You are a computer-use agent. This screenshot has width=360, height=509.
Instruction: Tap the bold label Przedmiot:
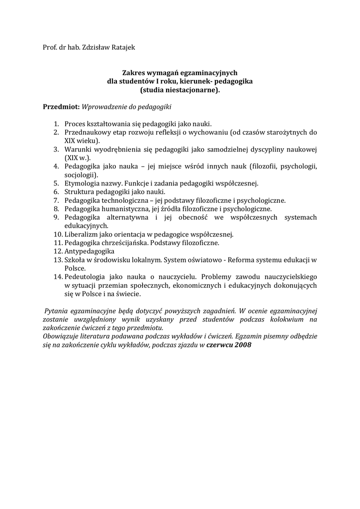coord(61,106)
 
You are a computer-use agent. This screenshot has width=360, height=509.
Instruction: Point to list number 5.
coord(56,183)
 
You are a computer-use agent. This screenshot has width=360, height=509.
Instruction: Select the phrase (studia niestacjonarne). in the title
coord(180,90)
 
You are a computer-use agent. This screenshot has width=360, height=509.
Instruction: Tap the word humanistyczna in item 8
coord(119,209)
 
